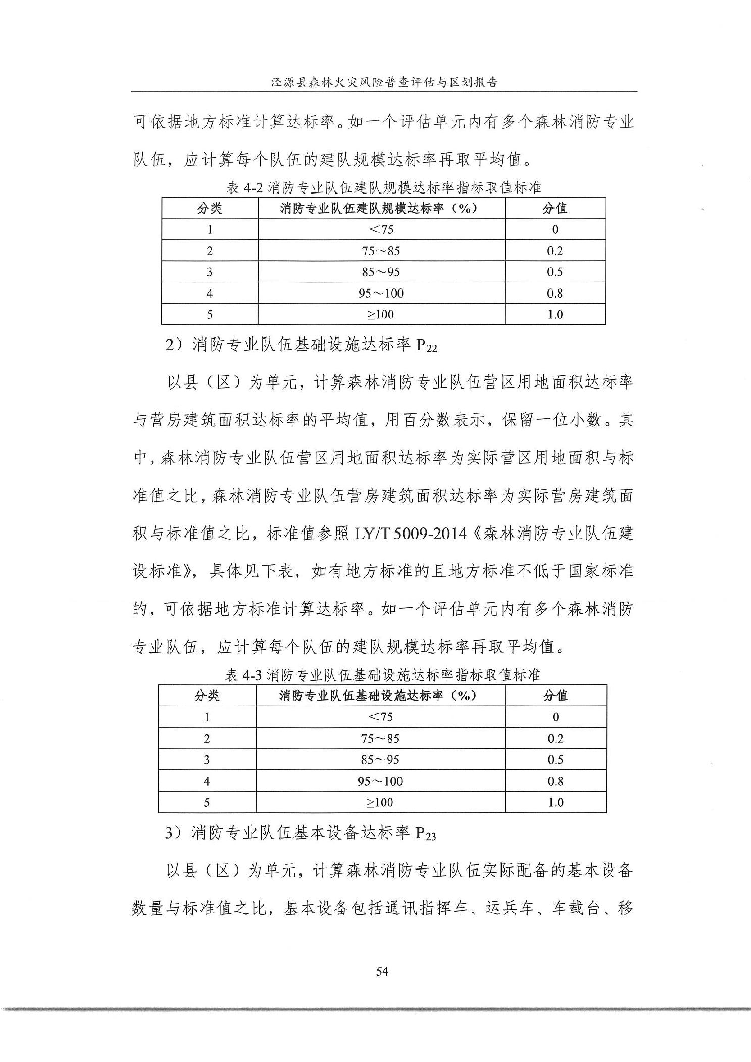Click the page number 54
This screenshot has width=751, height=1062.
point(382,971)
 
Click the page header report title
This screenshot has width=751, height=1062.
point(384,82)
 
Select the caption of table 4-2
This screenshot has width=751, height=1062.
point(384,188)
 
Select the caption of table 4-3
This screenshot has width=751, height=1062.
point(382,675)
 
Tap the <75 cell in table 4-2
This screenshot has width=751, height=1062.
point(381,229)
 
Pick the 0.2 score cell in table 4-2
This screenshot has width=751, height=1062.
point(555,251)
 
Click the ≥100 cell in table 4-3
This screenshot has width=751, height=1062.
point(380,802)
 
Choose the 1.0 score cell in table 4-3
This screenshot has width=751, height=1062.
point(555,802)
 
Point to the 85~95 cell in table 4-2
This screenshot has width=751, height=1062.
point(381,272)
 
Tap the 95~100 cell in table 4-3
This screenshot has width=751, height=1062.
point(380,781)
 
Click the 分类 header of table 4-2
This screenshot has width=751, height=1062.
point(209,208)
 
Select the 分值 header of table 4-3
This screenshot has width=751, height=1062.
point(555,696)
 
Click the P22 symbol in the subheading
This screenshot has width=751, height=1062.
point(426,347)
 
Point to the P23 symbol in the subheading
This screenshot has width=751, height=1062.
point(425,834)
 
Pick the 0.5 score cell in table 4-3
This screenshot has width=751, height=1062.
point(555,760)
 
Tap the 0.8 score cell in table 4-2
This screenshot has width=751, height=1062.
point(555,293)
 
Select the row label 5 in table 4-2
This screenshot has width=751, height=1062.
point(209,314)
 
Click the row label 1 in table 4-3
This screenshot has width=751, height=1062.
point(207,717)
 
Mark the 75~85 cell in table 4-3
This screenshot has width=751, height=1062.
point(380,739)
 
